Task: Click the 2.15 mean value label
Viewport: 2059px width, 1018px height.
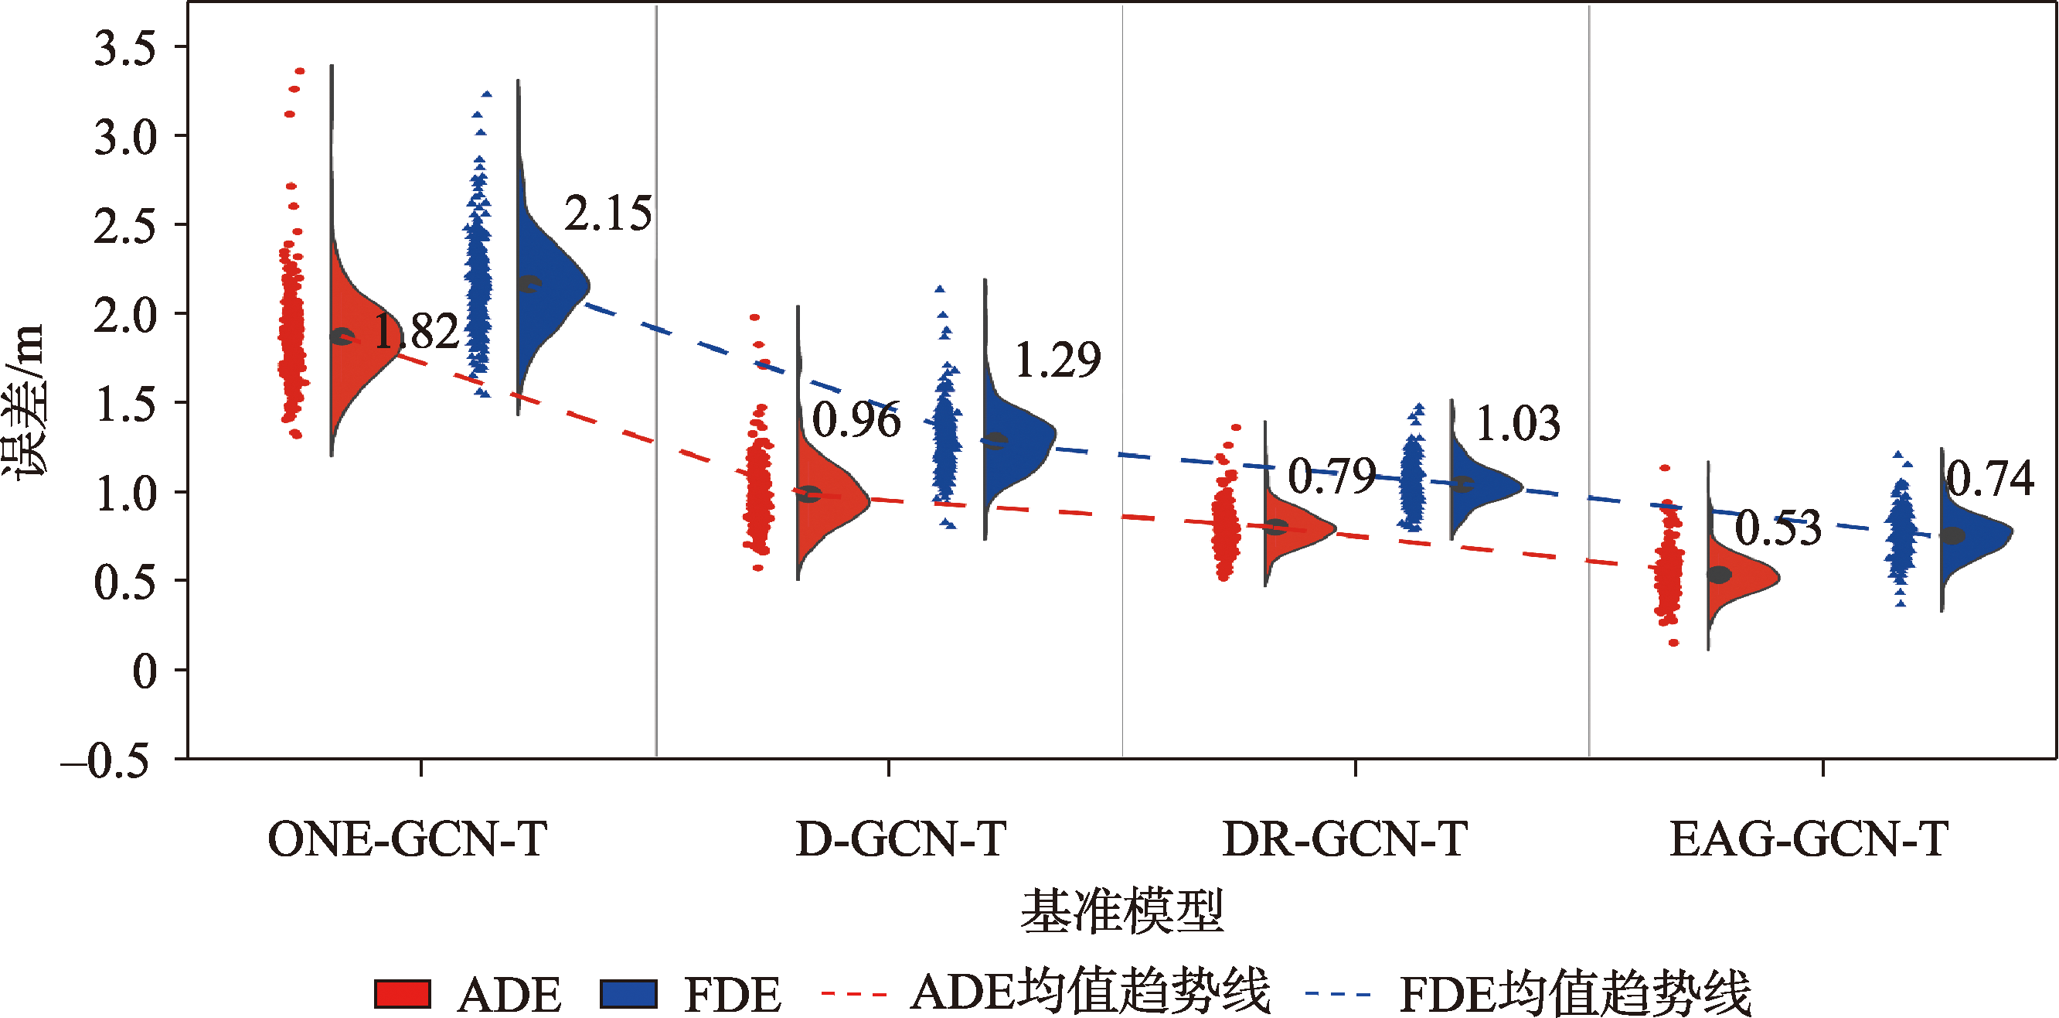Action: (608, 214)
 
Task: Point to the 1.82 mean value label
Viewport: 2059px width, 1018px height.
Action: (417, 332)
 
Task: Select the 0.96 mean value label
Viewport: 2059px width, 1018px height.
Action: (856, 420)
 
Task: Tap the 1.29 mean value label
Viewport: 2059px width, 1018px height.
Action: (1057, 360)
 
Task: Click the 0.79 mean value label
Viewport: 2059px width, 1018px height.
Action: (1332, 477)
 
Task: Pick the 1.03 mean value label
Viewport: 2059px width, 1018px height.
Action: (1517, 424)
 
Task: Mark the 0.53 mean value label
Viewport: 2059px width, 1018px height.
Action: (1778, 528)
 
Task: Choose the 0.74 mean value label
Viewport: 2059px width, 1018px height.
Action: (1989, 479)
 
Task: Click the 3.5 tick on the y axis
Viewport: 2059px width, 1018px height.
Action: (124, 49)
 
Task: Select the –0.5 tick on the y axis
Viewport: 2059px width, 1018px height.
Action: (106, 760)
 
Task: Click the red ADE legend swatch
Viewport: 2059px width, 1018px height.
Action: (403, 994)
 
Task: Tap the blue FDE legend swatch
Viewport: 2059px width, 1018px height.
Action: (628, 994)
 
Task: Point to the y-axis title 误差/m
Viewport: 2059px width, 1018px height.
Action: (24, 400)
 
